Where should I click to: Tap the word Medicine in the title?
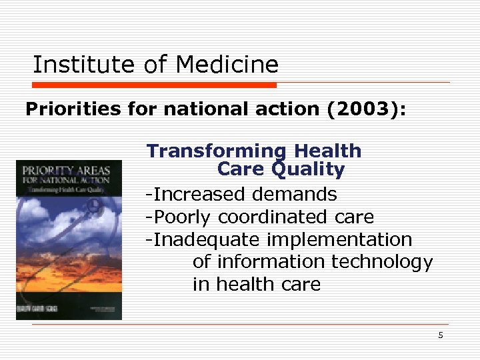point(227,65)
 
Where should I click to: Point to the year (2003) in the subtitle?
point(366,109)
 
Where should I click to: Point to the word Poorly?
point(179,217)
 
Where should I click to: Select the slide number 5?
point(441,335)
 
